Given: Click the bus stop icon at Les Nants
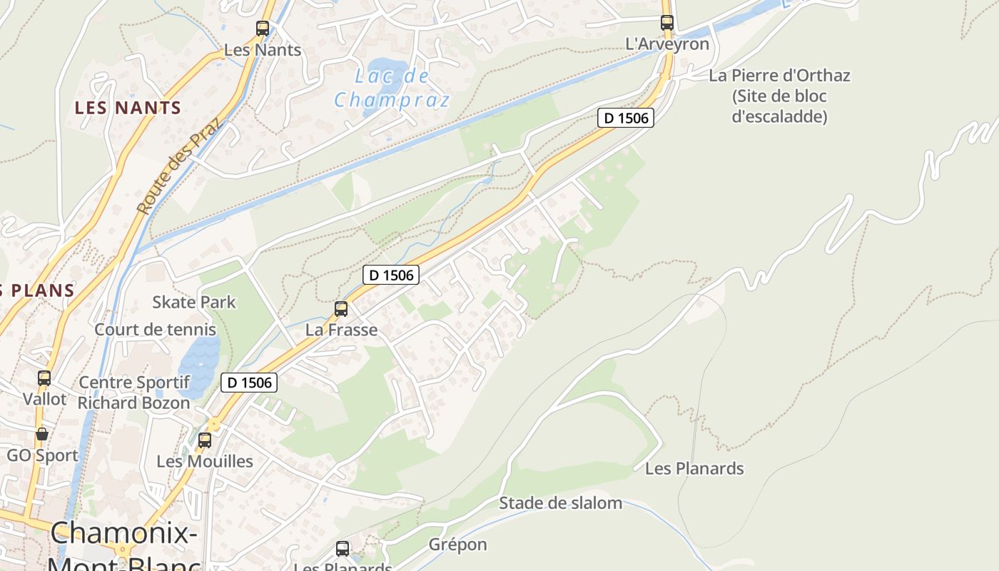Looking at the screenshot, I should coord(263,29).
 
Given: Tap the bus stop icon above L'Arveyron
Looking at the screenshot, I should coord(667,22).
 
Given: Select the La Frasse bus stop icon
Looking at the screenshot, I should coord(341,309).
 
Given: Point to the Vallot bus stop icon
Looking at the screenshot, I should coord(44,378).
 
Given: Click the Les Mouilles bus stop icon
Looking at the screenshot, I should coord(205,440).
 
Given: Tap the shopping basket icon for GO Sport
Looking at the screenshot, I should coord(42,434).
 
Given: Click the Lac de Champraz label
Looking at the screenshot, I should coord(392,87).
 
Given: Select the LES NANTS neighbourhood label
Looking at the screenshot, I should coord(128,108).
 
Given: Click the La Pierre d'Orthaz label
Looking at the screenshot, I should coord(779,96).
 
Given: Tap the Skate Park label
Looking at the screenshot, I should coord(193,302).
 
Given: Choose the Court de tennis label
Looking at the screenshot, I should coord(155,330).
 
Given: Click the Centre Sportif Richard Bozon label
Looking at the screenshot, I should coord(133,393).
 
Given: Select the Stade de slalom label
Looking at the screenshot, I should coord(560,503).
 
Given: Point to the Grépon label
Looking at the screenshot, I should coord(457,545).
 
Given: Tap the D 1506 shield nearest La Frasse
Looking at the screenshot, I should coord(390,274).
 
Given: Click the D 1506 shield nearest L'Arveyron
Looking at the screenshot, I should coord(625,118).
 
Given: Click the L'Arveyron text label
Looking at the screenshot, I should coord(667,44).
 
